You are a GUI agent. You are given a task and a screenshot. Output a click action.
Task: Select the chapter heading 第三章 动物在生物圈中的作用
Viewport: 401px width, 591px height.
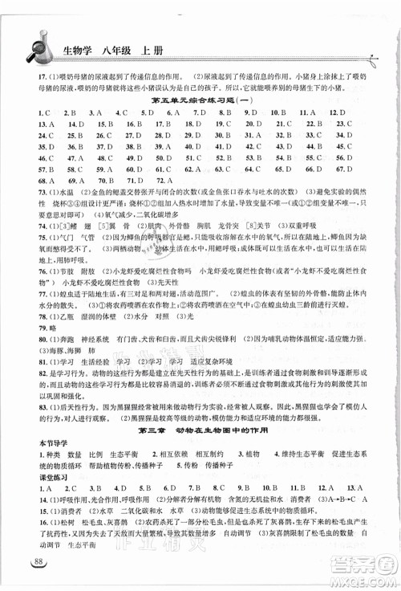(x=200, y=430)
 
